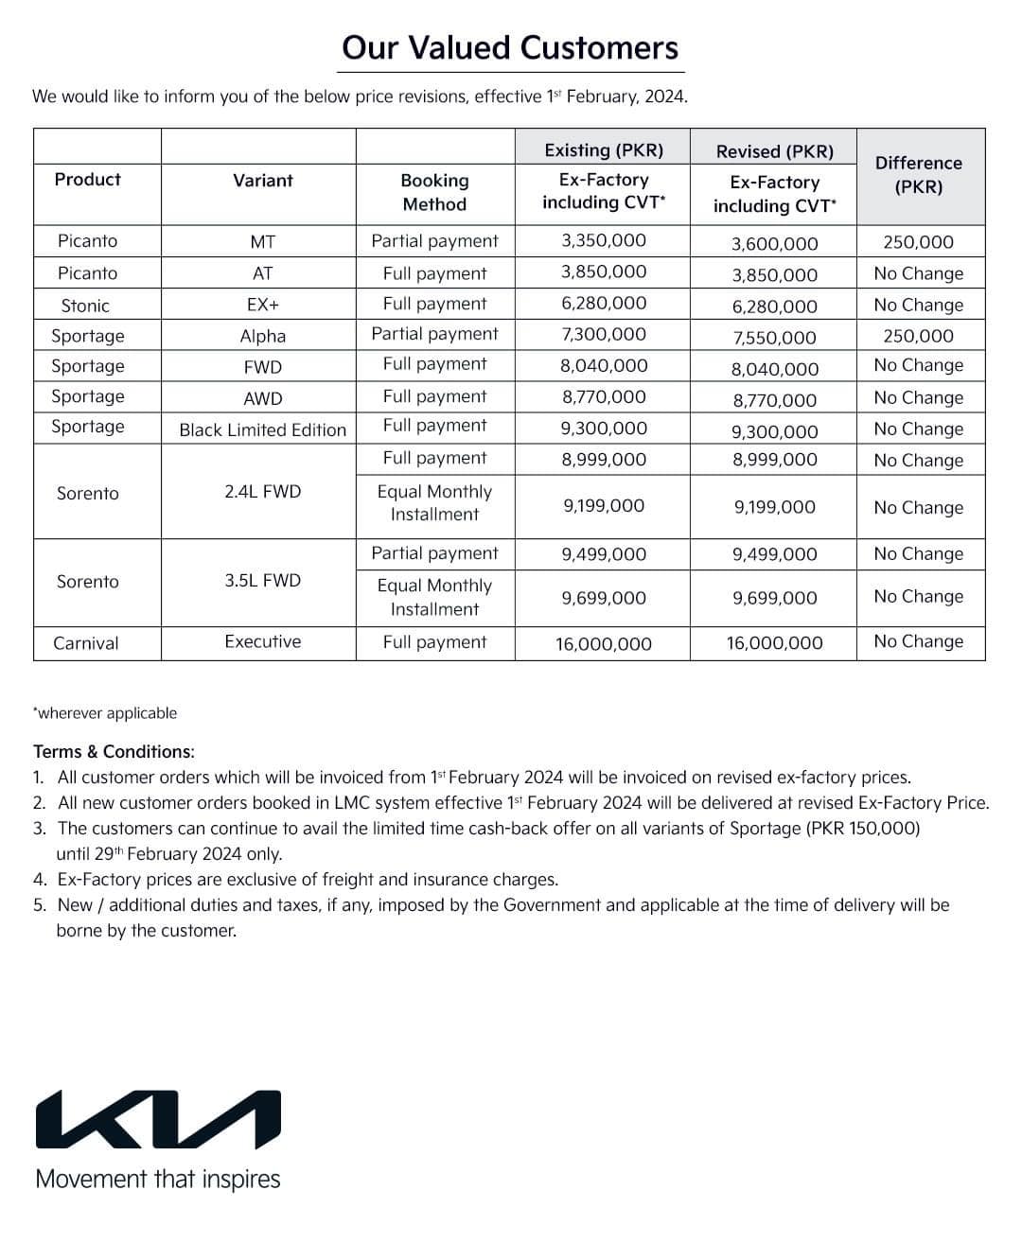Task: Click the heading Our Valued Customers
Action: (510, 48)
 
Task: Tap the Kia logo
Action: (158, 1120)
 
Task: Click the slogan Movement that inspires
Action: (158, 1180)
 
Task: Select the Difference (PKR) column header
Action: (919, 175)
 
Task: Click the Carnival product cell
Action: (86, 643)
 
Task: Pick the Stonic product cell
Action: (85, 306)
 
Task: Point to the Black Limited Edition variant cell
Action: (263, 429)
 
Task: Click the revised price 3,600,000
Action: (774, 244)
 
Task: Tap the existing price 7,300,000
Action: (604, 334)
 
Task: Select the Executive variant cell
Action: (263, 641)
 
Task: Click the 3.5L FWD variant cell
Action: (263, 580)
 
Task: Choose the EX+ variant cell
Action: (263, 305)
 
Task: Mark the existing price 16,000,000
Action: (604, 644)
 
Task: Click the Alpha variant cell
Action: (263, 336)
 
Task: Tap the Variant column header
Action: (263, 180)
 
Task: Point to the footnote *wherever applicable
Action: (105, 713)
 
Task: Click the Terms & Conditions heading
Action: (114, 752)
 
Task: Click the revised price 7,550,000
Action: (774, 338)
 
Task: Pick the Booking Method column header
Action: (434, 192)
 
